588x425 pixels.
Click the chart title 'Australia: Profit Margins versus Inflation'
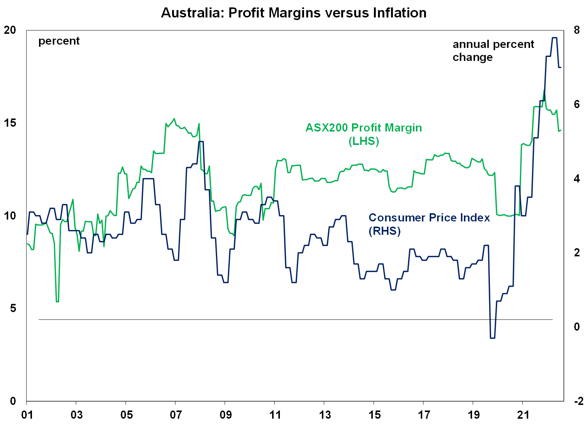[294, 13]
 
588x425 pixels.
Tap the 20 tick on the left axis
[10, 30]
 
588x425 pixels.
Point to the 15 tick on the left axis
[10, 123]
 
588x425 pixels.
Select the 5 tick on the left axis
[13, 308]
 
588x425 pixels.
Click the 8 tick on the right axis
[576, 30]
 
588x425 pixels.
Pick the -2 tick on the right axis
[578, 401]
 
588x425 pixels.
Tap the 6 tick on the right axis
[576, 104]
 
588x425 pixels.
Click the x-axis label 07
[176, 415]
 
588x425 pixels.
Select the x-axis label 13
[324, 415]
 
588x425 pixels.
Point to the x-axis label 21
[523, 415]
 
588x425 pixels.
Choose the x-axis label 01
[27, 415]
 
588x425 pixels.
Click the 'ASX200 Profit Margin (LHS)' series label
[364, 134]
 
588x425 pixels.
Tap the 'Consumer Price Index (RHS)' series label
[429, 224]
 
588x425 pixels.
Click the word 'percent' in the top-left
[59, 41]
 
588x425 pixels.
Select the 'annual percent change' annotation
[493, 51]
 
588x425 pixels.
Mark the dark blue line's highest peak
[554, 38]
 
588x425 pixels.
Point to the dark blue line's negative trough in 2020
[492, 338]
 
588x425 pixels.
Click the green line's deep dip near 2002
[57, 301]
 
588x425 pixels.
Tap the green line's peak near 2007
[174, 119]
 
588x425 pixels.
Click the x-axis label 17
[424, 415]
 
